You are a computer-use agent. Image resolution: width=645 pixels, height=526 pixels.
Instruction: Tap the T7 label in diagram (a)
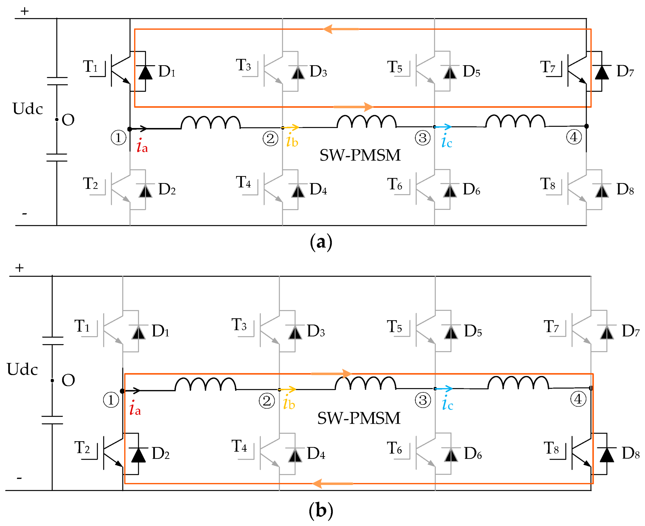[x=548, y=67]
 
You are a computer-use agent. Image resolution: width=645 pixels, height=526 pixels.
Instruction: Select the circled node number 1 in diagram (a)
[x=118, y=138]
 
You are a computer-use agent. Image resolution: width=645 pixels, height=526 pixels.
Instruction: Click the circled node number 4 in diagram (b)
[x=578, y=399]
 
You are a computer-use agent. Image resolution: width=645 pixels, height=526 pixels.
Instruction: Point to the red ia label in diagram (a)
[x=142, y=146]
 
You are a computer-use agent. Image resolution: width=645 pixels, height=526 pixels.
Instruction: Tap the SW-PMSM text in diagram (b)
[x=358, y=418]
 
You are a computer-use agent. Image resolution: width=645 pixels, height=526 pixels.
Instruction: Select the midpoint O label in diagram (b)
[x=68, y=381]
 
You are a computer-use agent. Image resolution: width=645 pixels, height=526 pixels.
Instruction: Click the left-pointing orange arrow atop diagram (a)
[x=341, y=29]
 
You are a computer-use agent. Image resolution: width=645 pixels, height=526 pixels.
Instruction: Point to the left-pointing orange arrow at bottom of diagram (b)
[x=332, y=484]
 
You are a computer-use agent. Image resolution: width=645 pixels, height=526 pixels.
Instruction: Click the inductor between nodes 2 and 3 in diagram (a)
[x=367, y=121]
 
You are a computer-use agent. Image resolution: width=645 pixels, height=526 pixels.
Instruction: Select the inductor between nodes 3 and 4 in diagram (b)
[x=518, y=383]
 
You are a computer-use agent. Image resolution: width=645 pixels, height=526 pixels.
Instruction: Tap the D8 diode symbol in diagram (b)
[x=607, y=455]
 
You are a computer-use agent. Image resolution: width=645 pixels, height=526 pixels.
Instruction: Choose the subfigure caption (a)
[x=321, y=242]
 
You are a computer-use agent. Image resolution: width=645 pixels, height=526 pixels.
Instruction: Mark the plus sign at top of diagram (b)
[x=20, y=268]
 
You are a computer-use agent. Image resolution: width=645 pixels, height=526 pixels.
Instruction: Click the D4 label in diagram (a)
[x=318, y=189]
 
